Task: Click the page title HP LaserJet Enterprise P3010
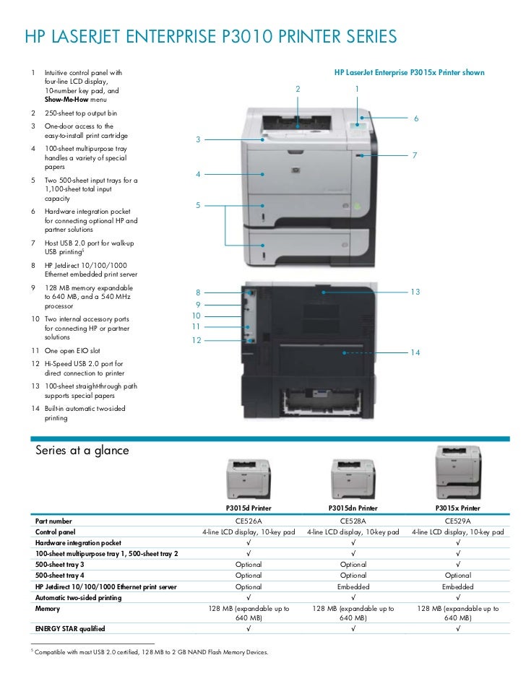[x=210, y=37]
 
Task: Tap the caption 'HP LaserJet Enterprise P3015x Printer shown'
[x=409, y=73]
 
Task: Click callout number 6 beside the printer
[x=416, y=118]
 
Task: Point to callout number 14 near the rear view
[x=415, y=352]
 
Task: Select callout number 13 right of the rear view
[x=415, y=292]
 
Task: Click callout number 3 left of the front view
[x=197, y=139]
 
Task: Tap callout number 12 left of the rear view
[x=196, y=339]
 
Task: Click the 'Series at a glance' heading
[x=82, y=451]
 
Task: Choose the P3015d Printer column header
[x=249, y=508]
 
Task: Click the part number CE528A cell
[x=353, y=520]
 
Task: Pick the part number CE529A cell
[x=458, y=520]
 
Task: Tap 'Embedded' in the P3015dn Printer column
[x=353, y=587]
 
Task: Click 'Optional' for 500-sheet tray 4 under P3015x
[x=458, y=576]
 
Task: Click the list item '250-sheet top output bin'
[x=81, y=113]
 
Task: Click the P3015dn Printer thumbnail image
[x=353, y=477]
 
